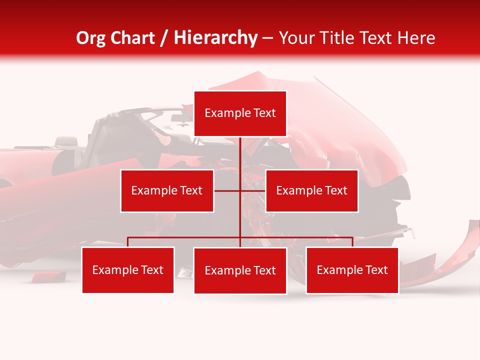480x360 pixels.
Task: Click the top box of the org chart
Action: pyautogui.click(x=240, y=113)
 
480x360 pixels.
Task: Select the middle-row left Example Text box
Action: pyautogui.click(x=167, y=190)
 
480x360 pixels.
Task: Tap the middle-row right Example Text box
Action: pyautogui.click(x=311, y=190)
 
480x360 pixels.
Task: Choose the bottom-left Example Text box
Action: pyautogui.click(x=128, y=270)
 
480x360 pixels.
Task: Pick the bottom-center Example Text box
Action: pyautogui.click(x=240, y=270)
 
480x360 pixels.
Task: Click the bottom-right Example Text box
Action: pyautogui.click(x=352, y=270)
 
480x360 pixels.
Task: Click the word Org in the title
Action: pyautogui.click(x=90, y=38)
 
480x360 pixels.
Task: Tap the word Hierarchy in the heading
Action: pyautogui.click(x=215, y=38)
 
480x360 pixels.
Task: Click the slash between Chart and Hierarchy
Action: pyautogui.click(x=165, y=38)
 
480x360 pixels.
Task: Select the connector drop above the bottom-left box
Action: pyautogui.click(x=128, y=242)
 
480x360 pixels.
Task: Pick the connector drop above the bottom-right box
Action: pyautogui.click(x=352, y=242)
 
